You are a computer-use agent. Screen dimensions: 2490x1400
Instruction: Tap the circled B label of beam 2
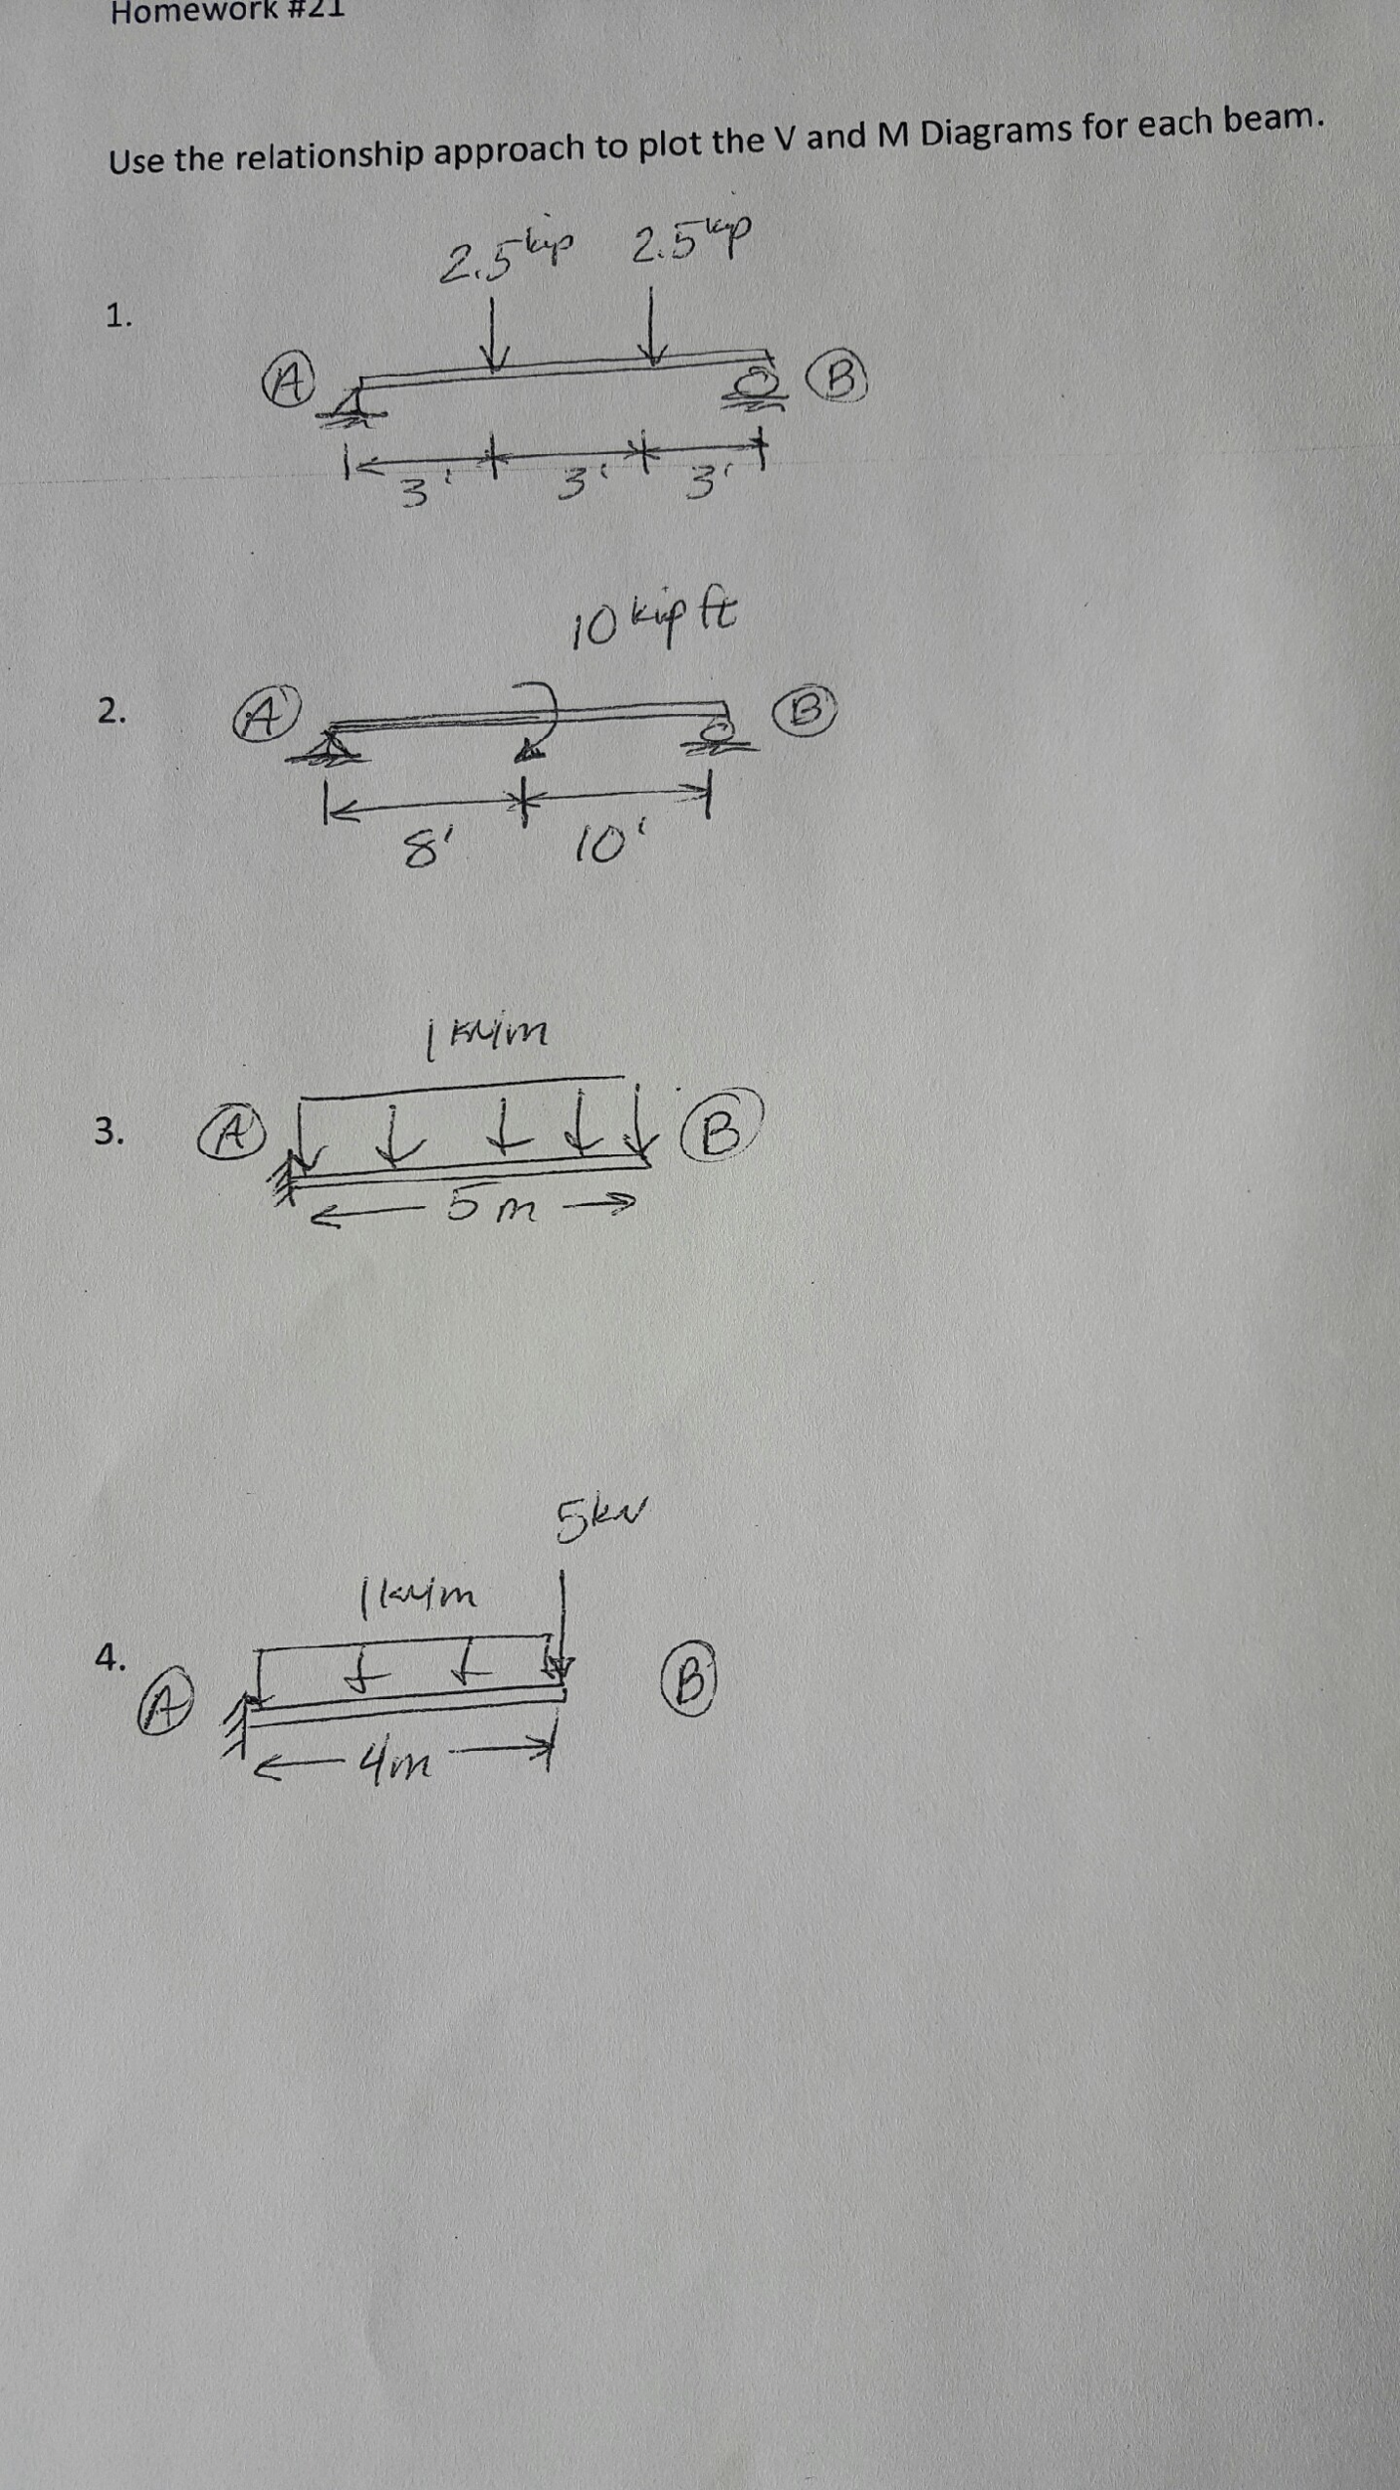pos(809,710)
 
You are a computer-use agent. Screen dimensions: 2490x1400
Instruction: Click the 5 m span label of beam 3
pos(491,1208)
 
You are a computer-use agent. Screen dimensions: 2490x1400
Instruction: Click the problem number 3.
pos(109,1131)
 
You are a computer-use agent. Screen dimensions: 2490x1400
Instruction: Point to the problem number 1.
pos(118,316)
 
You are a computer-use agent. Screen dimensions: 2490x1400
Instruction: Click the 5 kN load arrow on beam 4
pos(563,1622)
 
